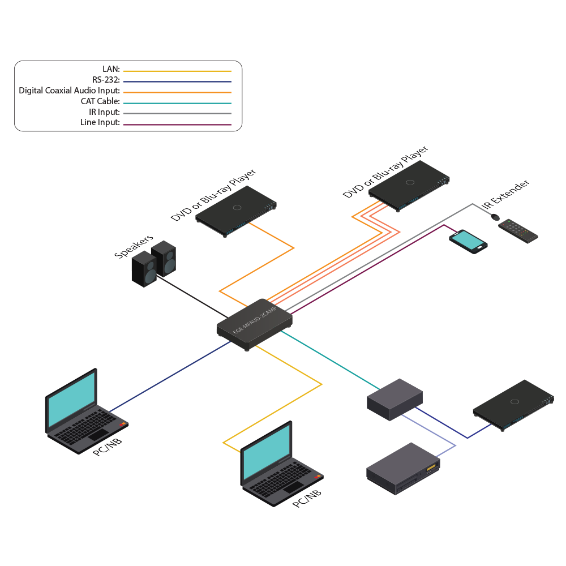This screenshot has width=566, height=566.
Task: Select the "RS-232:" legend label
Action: point(106,80)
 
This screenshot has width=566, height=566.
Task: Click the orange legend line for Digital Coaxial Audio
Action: point(177,92)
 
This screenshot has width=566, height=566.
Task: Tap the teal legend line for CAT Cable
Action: point(177,103)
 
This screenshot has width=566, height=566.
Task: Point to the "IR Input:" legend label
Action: point(102,112)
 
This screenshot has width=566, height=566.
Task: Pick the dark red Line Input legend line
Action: point(177,124)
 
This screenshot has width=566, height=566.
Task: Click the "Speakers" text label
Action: point(134,247)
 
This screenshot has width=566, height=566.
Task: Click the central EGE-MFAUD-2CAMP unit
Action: point(255,325)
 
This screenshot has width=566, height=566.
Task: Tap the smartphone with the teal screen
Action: point(469,242)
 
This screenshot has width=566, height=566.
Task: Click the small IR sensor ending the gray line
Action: point(494,217)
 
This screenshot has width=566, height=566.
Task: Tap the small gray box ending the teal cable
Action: point(395,399)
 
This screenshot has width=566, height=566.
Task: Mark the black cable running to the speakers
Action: point(193,297)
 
